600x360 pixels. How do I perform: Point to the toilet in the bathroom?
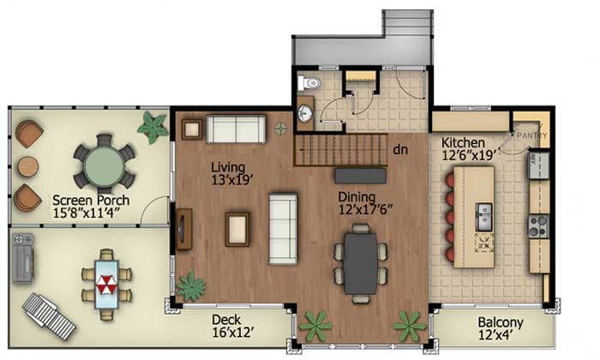(310, 83)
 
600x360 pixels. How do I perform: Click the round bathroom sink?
(305, 114)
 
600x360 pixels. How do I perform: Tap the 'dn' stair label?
(399, 148)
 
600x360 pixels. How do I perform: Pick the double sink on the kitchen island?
(483, 212)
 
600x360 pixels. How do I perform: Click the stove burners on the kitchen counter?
(537, 225)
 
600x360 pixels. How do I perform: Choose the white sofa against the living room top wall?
(236, 129)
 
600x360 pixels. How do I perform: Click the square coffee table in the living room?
(237, 228)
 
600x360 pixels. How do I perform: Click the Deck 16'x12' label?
(233, 327)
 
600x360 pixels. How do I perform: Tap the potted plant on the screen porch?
(154, 128)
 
